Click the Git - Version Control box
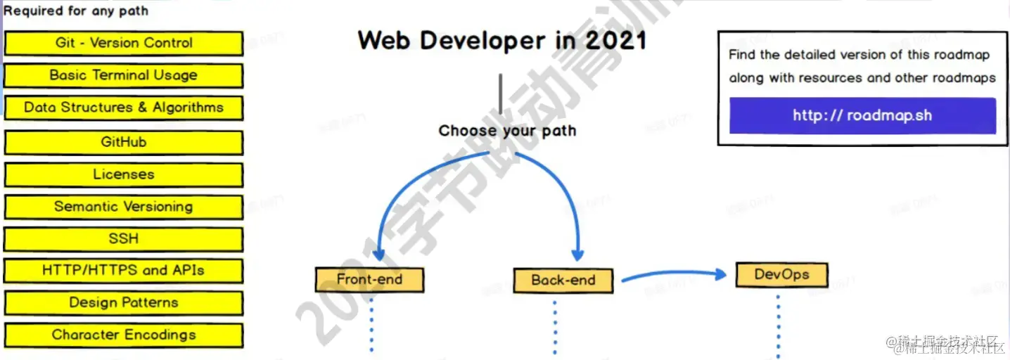[x=124, y=43]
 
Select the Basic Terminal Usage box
[x=124, y=75]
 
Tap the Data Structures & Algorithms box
[x=124, y=108]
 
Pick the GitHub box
[x=124, y=142]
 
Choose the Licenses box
[x=124, y=174]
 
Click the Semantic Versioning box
[x=124, y=207]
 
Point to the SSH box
[x=124, y=239]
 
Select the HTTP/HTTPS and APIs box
[x=124, y=271]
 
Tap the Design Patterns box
[x=124, y=303]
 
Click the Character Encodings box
[x=124, y=335]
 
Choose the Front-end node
[x=369, y=279]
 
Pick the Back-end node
[x=563, y=280]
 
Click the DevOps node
[x=781, y=274]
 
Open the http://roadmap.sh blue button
[x=862, y=115]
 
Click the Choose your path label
[x=507, y=131]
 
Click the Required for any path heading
[x=76, y=11]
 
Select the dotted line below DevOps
[x=779, y=323]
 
